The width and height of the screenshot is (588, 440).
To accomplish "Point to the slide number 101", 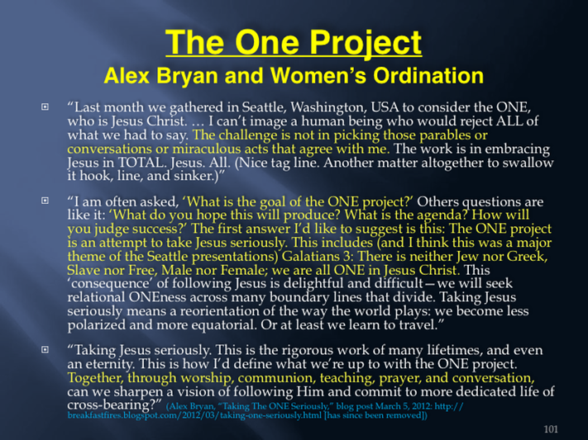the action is [551, 429].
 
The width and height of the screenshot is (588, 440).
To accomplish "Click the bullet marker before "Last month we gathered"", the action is [45, 107].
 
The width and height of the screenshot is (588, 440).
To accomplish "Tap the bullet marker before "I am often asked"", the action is [45, 201].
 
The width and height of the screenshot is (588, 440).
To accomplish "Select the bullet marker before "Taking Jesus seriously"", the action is [45, 349].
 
